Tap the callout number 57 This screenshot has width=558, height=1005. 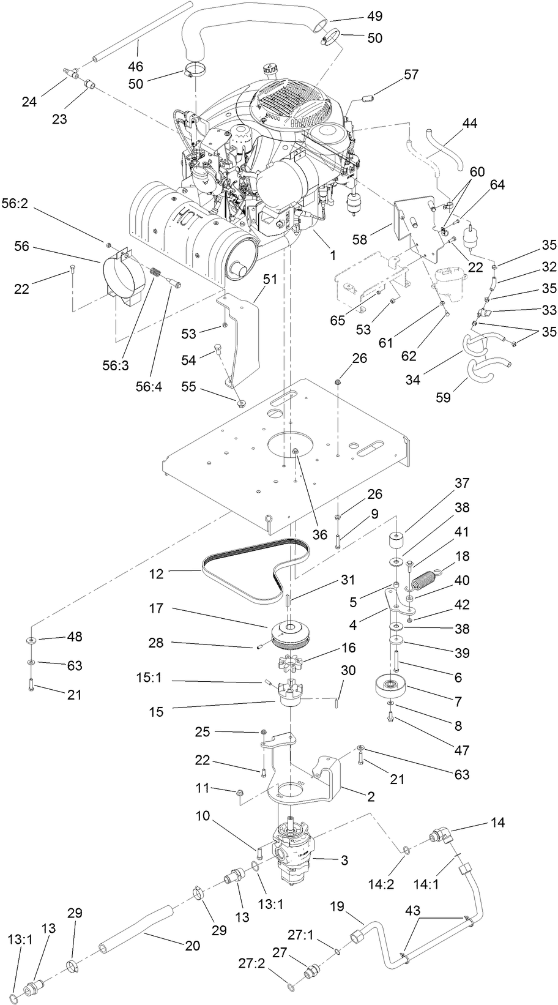pyautogui.click(x=411, y=75)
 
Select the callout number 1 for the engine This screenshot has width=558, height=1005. pyautogui.click(x=333, y=255)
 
